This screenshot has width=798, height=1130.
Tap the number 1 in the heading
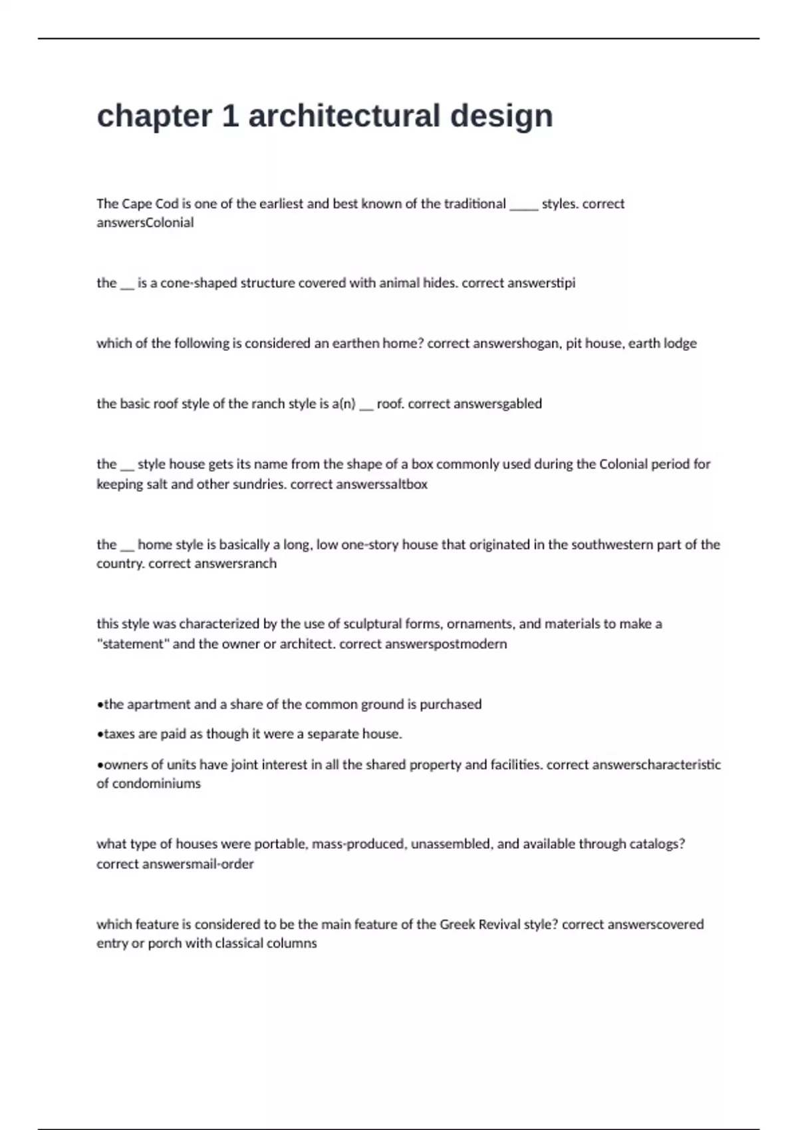230,116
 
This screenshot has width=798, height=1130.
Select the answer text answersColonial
145,223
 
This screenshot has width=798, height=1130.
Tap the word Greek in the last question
457,924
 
